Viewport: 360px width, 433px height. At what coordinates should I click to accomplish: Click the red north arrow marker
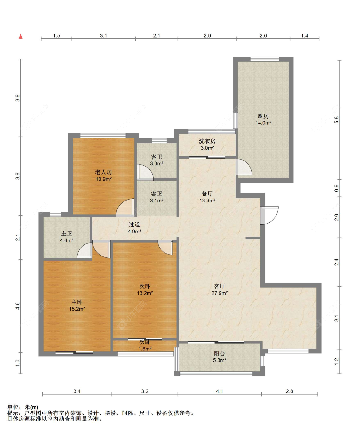[20, 36]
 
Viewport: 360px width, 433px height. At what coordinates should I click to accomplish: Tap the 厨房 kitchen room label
[263, 116]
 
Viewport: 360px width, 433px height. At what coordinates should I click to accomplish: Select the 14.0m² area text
[263, 123]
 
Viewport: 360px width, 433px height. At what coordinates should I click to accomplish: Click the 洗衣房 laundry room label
[207, 141]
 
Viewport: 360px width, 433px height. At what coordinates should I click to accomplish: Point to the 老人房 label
[104, 172]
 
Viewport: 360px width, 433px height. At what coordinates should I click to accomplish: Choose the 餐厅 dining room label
[207, 194]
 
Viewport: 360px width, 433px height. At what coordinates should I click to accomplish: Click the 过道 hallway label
[134, 224]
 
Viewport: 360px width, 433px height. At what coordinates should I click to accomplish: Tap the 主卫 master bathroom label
[67, 233]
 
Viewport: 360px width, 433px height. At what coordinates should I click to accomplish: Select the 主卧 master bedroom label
[77, 302]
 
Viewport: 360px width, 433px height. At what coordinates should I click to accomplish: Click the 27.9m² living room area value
[220, 293]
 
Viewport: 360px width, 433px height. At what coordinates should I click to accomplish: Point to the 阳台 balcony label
[220, 353]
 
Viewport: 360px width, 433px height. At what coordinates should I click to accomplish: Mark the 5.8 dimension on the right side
[337, 120]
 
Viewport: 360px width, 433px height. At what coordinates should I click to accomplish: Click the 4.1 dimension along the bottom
[220, 391]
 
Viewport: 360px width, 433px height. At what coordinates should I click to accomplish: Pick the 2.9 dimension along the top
[207, 36]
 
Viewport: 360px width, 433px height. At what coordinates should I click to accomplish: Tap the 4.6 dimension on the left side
[17, 306]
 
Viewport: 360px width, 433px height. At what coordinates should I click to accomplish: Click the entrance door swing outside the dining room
[269, 215]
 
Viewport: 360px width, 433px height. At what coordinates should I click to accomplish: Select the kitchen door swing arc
[244, 167]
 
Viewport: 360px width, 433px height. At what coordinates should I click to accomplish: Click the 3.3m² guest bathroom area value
[157, 164]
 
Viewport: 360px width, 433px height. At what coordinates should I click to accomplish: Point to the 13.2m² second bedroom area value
[145, 293]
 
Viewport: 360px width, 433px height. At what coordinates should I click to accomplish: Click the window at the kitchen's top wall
[264, 59]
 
